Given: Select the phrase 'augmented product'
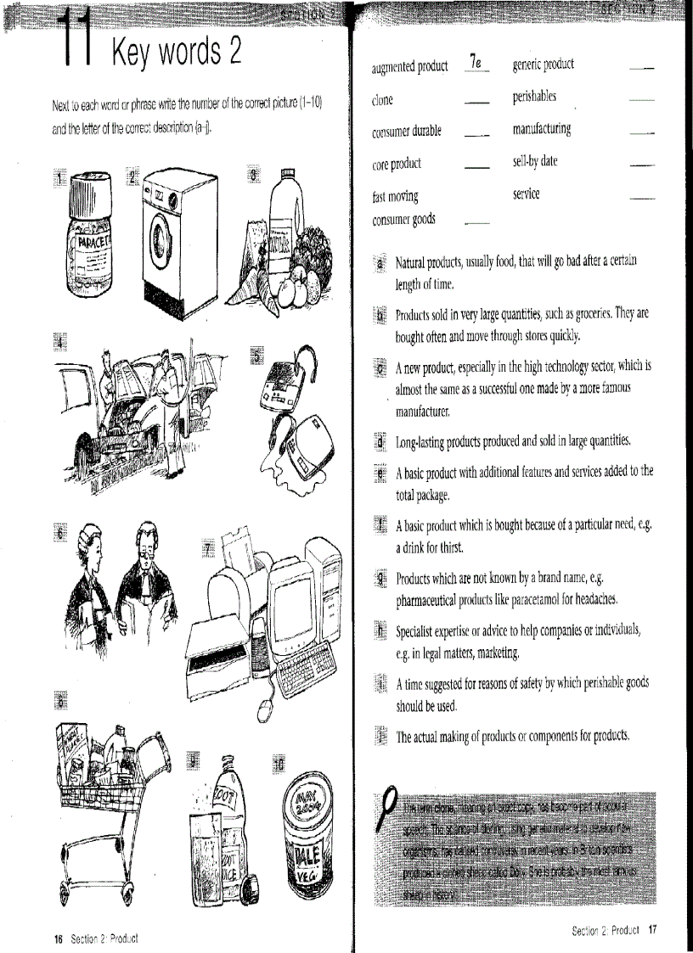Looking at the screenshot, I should coord(410,66).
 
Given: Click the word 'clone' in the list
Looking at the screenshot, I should coord(383,100).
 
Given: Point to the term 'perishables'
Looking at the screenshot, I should coord(534,97).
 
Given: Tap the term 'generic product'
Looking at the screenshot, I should coord(544,64).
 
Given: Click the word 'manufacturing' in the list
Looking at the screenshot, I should coord(542,129).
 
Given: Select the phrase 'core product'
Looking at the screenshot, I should coord(397,163).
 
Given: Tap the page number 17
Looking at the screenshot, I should coord(652,929).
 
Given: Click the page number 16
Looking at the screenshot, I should coord(59,938).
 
